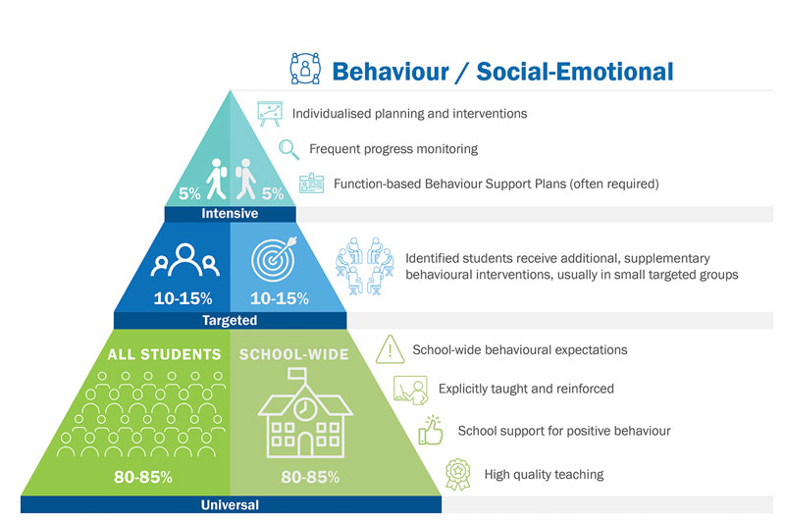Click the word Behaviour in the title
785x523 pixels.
(391, 72)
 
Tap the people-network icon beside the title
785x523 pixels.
(305, 68)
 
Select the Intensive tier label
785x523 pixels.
(230, 214)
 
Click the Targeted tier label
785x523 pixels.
(230, 320)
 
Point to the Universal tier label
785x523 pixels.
(230, 504)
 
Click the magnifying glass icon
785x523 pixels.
(288, 149)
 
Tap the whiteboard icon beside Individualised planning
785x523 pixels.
(270, 114)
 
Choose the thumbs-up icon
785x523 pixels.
(431, 431)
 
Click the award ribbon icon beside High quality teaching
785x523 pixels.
(458, 475)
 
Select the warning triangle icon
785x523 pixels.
(390, 349)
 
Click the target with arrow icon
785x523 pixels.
(275, 259)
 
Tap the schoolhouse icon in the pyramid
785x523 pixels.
(305, 413)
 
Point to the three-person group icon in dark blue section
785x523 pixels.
(185, 260)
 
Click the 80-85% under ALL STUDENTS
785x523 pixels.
(143, 477)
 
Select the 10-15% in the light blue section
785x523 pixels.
(280, 298)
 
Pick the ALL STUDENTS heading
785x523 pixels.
(164, 354)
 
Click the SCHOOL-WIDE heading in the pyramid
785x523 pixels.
(293, 354)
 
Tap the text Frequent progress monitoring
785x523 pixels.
(393, 149)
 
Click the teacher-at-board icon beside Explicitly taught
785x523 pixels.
(410, 390)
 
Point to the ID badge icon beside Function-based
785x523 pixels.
(311, 183)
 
